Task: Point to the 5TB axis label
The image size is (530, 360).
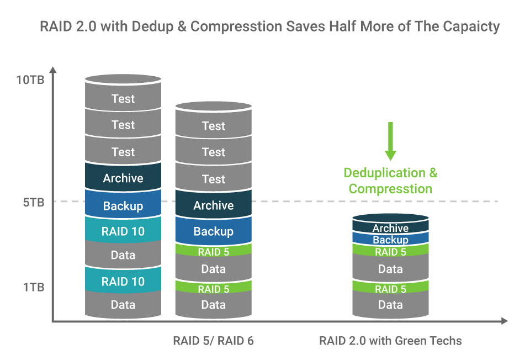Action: [34, 202]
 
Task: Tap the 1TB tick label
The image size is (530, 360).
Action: [34, 287]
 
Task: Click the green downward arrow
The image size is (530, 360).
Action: [390, 140]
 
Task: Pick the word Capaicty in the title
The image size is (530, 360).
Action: [471, 27]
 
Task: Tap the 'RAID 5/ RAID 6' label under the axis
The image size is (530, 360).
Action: [213, 341]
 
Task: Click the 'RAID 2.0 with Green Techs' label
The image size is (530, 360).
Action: [390, 341]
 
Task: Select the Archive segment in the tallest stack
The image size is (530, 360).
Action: [123, 178]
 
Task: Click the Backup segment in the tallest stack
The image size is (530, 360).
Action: [123, 206]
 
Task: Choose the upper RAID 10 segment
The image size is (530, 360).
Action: [123, 231]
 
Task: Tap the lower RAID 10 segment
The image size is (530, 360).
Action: [123, 282]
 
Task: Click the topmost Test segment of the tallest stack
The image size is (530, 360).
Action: [123, 99]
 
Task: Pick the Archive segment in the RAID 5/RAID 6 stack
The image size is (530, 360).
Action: [213, 205]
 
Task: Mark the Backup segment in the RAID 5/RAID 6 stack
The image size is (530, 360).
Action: [213, 231]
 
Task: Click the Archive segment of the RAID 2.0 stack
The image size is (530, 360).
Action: [390, 227]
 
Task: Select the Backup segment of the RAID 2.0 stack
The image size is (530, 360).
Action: [390, 240]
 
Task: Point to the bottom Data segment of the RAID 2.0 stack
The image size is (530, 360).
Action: [390, 305]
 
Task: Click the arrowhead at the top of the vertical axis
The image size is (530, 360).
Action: [52, 70]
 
